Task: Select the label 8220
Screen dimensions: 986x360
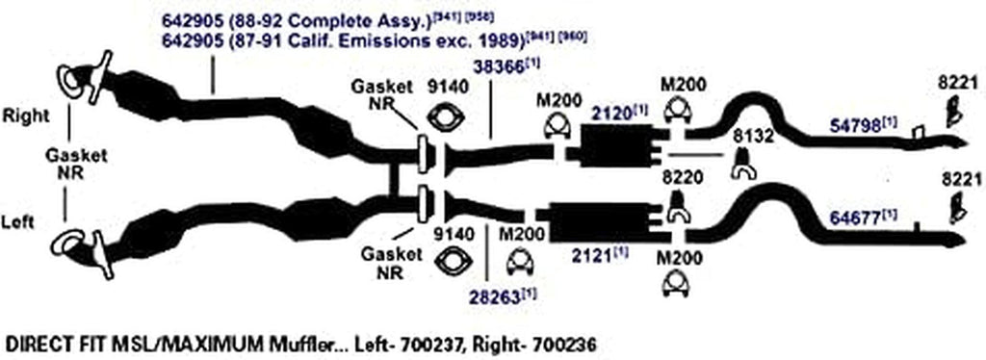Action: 680,178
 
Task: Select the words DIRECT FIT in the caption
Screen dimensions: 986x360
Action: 45,343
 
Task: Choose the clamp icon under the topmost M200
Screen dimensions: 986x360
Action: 682,113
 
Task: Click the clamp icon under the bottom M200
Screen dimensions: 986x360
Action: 680,285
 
